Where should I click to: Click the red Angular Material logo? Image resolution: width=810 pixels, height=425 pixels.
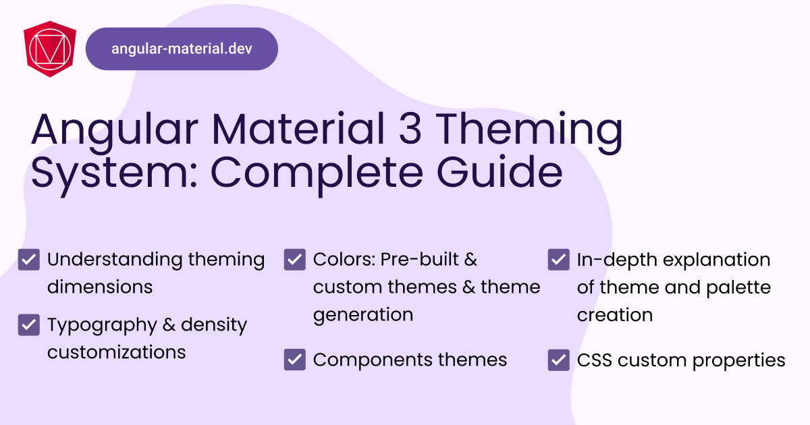(x=50, y=49)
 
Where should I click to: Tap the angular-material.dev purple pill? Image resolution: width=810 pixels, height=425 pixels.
(x=182, y=49)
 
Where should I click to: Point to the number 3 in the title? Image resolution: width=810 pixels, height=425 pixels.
(x=410, y=129)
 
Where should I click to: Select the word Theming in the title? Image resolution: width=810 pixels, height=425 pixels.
(x=531, y=132)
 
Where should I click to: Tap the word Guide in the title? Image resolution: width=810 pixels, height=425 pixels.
(x=500, y=171)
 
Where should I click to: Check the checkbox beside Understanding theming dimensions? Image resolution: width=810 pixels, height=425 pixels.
(x=29, y=260)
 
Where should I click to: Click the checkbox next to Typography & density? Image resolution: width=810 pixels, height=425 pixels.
(x=29, y=325)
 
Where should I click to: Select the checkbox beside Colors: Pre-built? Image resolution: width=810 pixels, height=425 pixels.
(x=295, y=260)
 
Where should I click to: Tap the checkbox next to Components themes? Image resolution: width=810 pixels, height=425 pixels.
(x=295, y=360)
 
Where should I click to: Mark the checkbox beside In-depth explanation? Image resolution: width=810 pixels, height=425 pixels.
(x=559, y=260)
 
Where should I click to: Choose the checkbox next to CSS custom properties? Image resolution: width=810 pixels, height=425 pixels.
(x=559, y=360)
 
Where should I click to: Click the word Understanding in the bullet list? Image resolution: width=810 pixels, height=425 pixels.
(x=115, y=260)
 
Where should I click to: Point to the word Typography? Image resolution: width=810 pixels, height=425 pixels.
(x=102, y=326)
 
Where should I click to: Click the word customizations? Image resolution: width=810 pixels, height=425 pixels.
(x=116, y=351)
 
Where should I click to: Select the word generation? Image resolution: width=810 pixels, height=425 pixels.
(x=363, y=315)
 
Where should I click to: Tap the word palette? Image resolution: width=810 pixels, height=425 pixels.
(x=738, y=288)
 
